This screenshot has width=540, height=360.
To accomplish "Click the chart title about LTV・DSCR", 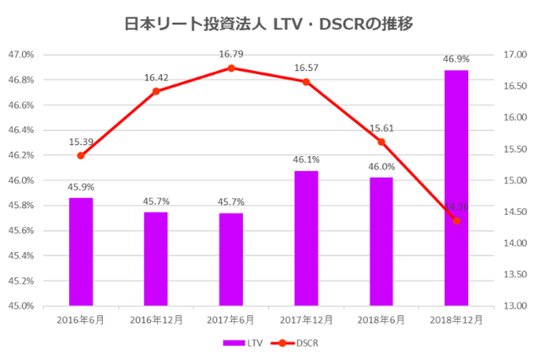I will pos(269,23).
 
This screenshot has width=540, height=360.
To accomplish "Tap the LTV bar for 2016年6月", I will pos(81,251).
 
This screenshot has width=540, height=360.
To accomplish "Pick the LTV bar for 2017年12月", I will pos(306,238).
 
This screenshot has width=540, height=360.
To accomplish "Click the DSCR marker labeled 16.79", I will pos(231,67).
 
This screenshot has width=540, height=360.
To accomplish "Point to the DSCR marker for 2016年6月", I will pos(81,155).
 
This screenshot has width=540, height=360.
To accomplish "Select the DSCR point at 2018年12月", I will pos(456,221).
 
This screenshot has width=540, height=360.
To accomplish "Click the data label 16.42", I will pos(156,78).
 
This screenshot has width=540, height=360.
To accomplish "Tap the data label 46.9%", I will pos(456,59).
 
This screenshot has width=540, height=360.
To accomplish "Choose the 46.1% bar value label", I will pos(306,159).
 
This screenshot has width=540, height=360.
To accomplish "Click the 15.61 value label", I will pos(381,128).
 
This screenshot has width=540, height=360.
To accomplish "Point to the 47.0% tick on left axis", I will pos(21,55).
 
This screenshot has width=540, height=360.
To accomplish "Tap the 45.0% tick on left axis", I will pos(21,305).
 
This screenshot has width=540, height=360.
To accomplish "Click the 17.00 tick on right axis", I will pos(514,55).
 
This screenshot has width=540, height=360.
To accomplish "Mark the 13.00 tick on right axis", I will pos(514,305).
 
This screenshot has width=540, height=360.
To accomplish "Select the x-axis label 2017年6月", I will pos(231,320).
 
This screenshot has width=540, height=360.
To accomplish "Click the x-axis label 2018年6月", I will pos(381,320).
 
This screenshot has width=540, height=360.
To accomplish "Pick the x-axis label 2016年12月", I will pos(156,320).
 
